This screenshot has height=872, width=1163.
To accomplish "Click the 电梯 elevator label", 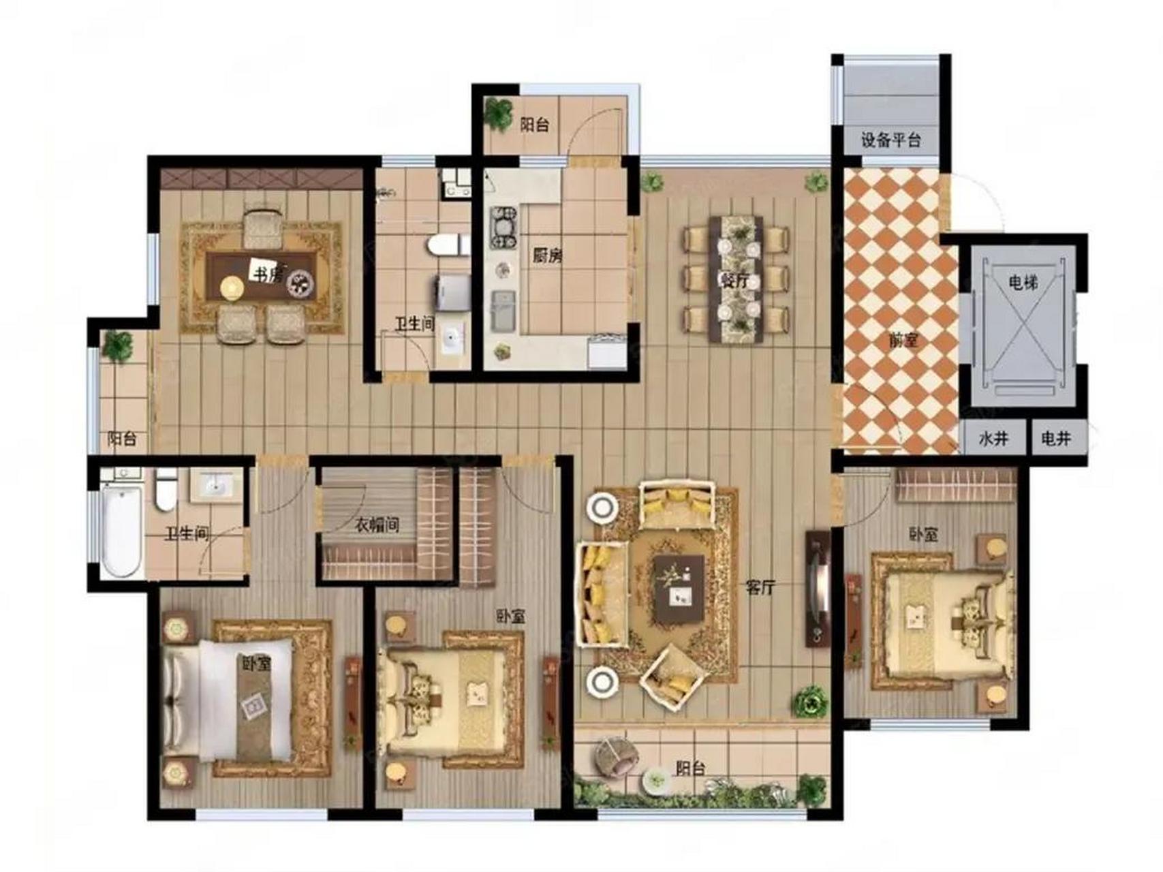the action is coord(1023,281).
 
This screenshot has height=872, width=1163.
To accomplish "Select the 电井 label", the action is coord(1056,439).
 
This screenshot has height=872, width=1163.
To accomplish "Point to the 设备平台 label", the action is coord(890,140).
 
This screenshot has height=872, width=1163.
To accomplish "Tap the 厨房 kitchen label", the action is coord(547,256).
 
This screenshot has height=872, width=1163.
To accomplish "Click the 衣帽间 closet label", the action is coord(377,525).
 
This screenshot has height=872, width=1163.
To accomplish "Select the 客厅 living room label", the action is coord(760,587).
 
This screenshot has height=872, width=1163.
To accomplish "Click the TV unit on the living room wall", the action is coord(817,589).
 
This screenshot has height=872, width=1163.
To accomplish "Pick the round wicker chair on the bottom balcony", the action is coord(616,756).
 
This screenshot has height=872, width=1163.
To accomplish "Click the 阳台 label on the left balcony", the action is coord(122,439).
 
